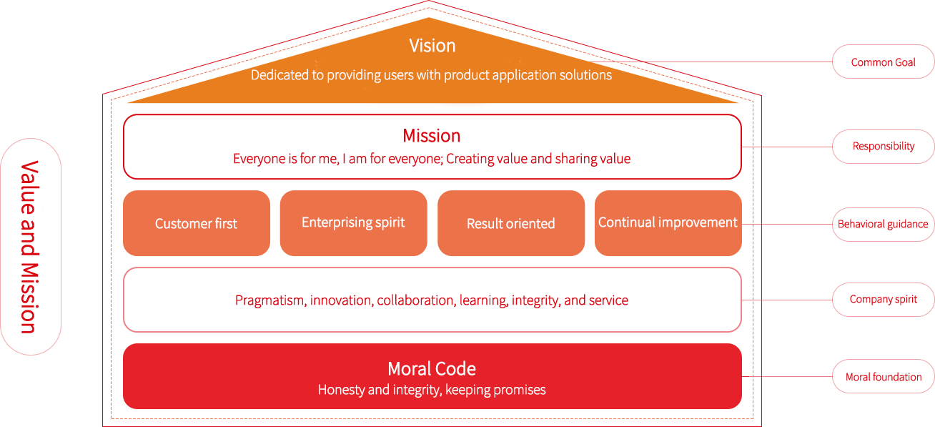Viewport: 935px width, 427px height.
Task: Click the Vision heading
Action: click(x=432, y=46)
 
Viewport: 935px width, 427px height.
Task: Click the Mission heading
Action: click(x=431, y=136)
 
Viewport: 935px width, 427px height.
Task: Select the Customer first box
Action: click(x=196, y=223)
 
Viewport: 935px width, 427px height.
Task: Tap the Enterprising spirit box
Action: click(x=353, y=222)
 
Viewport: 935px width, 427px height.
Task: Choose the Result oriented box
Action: click(x=510, y=223)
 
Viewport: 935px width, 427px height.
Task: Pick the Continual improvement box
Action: click(x=668, y=222)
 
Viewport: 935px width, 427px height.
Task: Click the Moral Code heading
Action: click(x=432, y=368)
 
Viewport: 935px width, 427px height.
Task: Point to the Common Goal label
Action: click(x=882, y=62)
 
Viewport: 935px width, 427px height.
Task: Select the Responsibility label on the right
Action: click(x=883, y=146)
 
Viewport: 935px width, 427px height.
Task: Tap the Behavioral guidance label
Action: click(x=884, y=225)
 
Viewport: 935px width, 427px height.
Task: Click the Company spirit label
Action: click(x=883, y=300)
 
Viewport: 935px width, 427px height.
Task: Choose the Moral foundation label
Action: click(x=881, y=376)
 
